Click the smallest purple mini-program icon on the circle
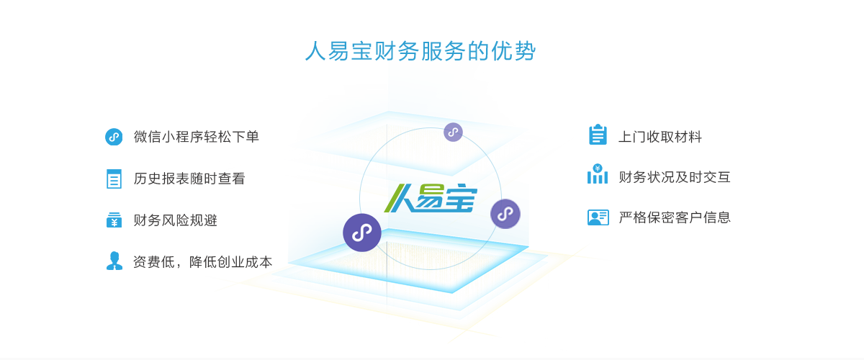coord(452,132)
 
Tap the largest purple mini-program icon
coord(361,232)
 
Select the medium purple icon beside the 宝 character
coord(505,214)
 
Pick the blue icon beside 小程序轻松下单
coord(113,137)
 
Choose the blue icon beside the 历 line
coord(114,179)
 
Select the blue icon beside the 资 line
coord(114,261)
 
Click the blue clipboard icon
coord(598,135)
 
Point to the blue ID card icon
coord(598,217)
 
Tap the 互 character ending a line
coord(724,176)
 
